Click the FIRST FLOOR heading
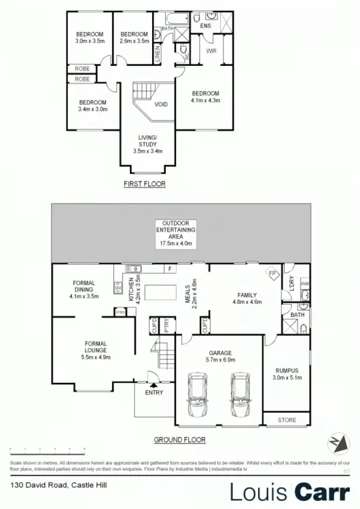pyautogui.click(x=144, y=184)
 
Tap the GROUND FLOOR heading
pyautogui.click(x=179, y=440)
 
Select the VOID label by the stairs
pyautogui.click(x=161, y=105)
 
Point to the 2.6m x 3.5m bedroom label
pyautogui.click(x=134, y=38)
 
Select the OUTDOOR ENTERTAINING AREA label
pyautogui.click(x=179, y=233)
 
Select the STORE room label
pyautogui.click(x=287, y=420)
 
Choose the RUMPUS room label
pyautogui.click(x=287, y=373)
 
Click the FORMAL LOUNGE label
pyautogui.click(x=96, y=350)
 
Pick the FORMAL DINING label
pyautogui.click(x=84, y=289)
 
